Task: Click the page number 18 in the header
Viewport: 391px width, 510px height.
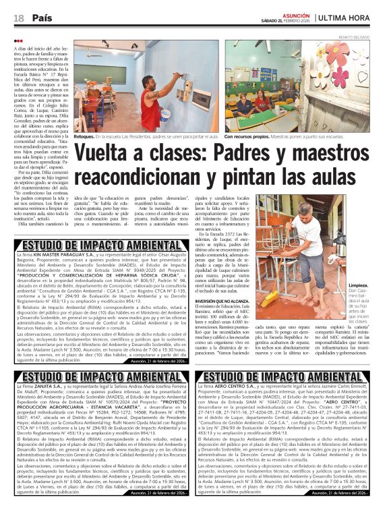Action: tap(18, 16)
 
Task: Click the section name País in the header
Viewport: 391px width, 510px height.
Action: tap(42, 16)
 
